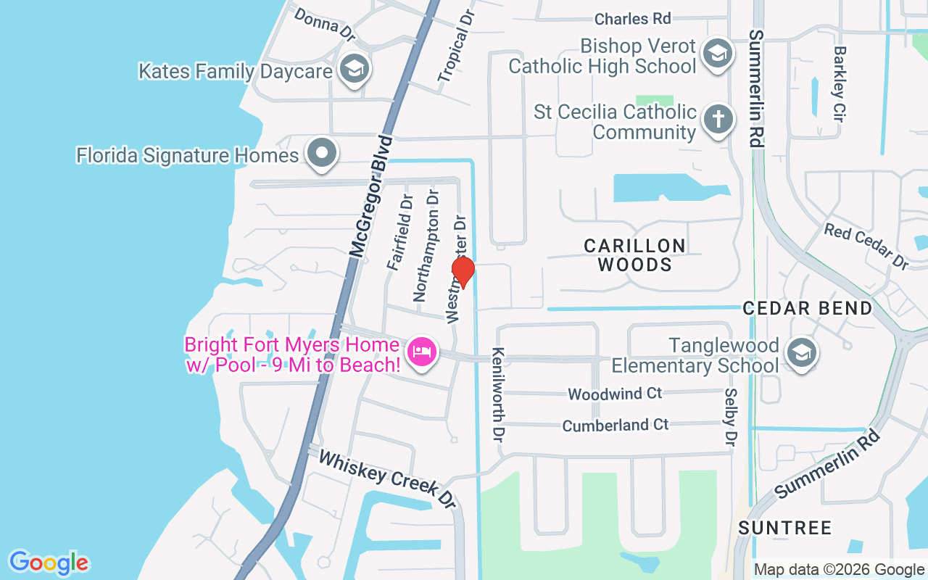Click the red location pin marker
click(x=463, y=272)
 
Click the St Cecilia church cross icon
click(x=718, y=118)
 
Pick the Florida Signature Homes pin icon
click(x=321, y=154)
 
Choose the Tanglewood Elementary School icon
click(x=801, y=354)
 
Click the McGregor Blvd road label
click(x=370, y=195)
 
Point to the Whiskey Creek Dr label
click(x=387, y=478)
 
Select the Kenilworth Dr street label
click(x=498, y=396)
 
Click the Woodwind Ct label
click(x=615, y=394)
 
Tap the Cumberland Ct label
click(x=616, y=425)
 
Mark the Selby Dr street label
click(x=730, y=417)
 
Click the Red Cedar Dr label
click(x=866, y=246)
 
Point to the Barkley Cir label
click(x=840, y=84)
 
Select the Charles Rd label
click(x=633, y=18)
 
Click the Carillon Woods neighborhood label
click(x=635, y=254)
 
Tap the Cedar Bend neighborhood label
click(x=808, y=308)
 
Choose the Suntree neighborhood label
click(x=785, y=528)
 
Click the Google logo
click(x=49, y=563)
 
